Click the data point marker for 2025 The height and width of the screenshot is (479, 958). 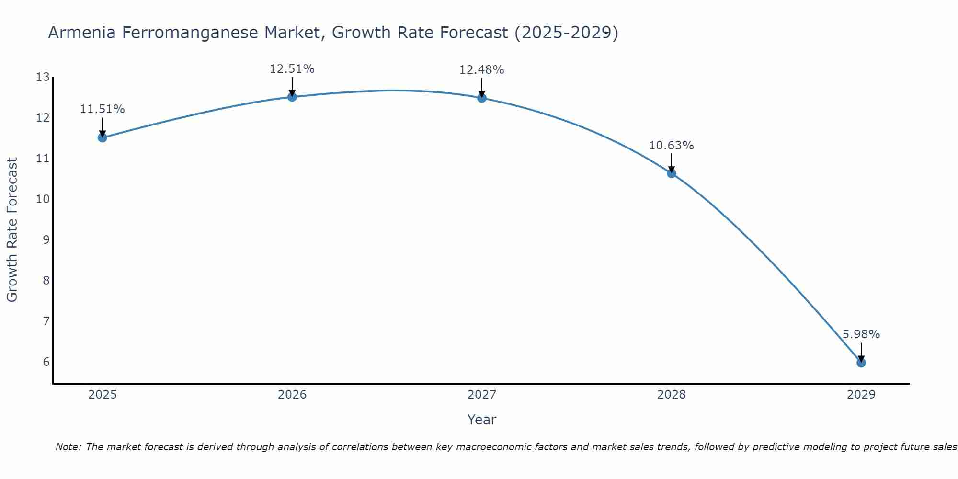tap(102, 138)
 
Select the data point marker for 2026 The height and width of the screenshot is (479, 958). tap(292, 97)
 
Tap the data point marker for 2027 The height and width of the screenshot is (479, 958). tap(482, 98)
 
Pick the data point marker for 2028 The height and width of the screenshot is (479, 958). tap(672, 173)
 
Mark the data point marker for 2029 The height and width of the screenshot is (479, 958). tap(861, 363)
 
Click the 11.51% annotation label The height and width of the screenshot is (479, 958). tap(102, 109)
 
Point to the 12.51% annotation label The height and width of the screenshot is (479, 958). tap(292, 69)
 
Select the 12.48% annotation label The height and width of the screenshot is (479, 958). tap(481, 70)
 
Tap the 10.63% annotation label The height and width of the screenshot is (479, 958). tap(671, 146)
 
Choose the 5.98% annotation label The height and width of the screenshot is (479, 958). tap(861, 334)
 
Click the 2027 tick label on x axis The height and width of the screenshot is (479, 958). tap(482, 395)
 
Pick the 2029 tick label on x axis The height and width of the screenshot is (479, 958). tap(861, 395)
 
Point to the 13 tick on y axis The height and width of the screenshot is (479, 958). tap(43, 77)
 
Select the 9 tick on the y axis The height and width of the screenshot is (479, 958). tap(46, 239)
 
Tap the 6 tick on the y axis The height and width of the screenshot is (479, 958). tap(46, 362)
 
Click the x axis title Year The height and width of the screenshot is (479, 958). tap(481, 420)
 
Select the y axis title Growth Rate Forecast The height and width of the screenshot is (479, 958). tap(12, 230)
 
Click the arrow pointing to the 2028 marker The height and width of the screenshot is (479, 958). tap(672, 163)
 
